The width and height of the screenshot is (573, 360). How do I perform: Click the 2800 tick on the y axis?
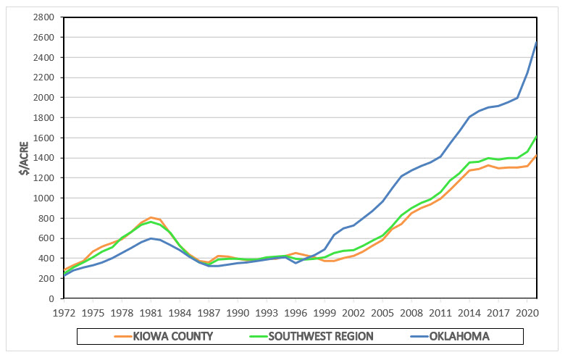[x=45, y=17]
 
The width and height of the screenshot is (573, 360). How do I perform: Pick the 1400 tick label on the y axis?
[x=45, y=158]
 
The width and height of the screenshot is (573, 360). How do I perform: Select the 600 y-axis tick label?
[x=47, y=238]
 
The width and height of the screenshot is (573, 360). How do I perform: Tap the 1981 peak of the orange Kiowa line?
[x=151, y=217]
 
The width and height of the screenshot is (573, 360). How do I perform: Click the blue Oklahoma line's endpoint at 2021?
[x=536, y=43]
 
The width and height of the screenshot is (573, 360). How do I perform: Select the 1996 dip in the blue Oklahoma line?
[x=295, y=263]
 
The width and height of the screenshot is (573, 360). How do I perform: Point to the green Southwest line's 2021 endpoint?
[x=536, y=137]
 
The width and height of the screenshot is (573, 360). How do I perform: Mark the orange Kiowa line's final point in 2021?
[x=536, y=156]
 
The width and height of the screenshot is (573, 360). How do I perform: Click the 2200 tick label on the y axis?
[x=45, y=78]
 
